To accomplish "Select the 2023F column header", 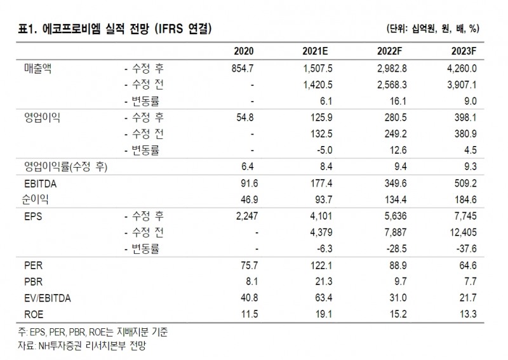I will point(474,51).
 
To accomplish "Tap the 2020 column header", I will point(244,51).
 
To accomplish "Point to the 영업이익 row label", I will point(41,118).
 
